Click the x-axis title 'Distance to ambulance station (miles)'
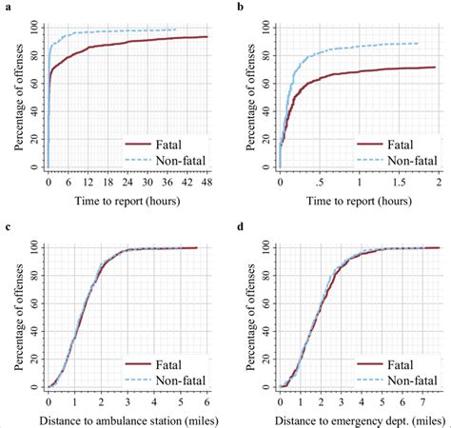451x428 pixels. (127, 418)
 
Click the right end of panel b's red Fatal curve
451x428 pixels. (435, 67)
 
